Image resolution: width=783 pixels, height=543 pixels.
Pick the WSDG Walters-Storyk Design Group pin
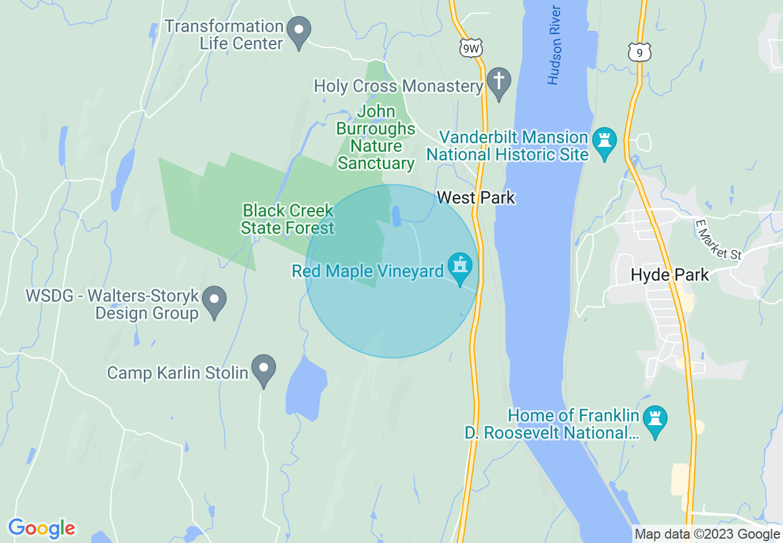pyautogui.click(x=214, y=301)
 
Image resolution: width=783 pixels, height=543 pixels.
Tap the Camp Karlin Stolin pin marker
pyautogui.click(x=264, y=369)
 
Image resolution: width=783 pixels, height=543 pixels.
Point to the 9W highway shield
pyautogui.click(x=471, y=48)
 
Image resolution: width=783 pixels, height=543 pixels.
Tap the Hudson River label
pyautogui.click(x=555, y=45)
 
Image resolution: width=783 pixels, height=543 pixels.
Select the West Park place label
pyautogui.click(x=475, y=197)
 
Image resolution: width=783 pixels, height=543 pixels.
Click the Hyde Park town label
pyautogui.click(x=670, y=275)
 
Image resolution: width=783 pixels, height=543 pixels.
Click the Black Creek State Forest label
pyautogui.click(x=288, y=219)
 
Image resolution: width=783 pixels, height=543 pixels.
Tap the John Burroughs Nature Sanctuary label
pyautogui.click(x=375, y=138)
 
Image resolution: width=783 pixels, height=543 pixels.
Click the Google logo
pyautogui.click(x=42, y=528)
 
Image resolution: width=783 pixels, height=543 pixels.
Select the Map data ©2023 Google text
pyautogui.click(x=707, y=534)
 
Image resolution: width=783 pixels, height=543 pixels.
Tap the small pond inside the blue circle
pyautogui.click(x=396, y=215)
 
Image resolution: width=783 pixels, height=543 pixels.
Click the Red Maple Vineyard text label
pyautogui.click(x=367, y=271)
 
